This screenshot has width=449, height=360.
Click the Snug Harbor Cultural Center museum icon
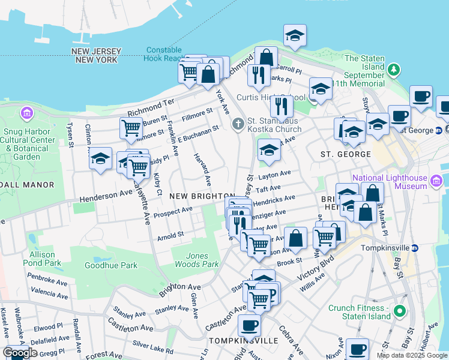click(26, 113)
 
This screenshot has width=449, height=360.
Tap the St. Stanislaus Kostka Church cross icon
click(238, 124)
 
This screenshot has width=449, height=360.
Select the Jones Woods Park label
click(196, 260)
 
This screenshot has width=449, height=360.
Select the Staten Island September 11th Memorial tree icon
click(394, 70)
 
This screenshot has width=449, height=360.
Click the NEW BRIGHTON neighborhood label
click(202, 196)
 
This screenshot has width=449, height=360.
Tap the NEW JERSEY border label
click(97, 52)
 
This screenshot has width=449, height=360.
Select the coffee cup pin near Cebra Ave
click(249, 326)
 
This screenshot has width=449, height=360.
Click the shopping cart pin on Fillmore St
click(131, 128)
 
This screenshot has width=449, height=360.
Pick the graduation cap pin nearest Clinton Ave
click(101, 159)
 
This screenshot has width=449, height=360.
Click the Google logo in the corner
click(20, 353)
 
